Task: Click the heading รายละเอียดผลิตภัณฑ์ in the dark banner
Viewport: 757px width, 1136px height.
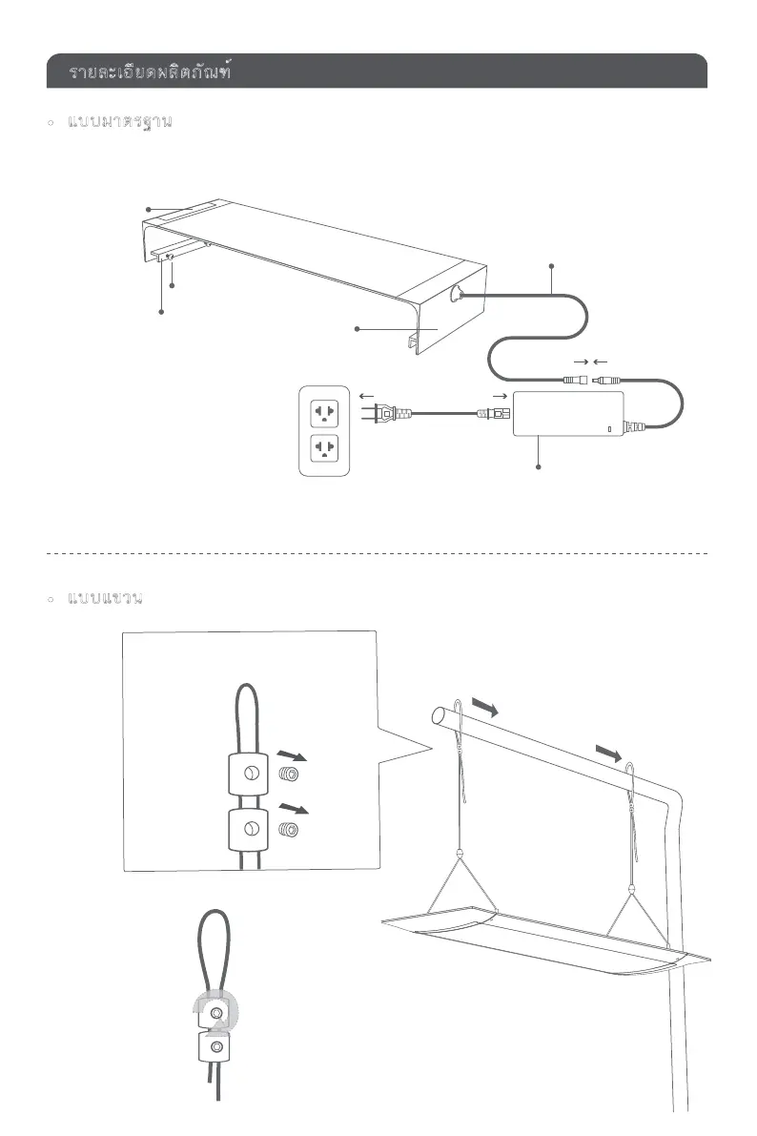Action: tap(153, 72)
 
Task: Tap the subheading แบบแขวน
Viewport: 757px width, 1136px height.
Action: tap(106, 598)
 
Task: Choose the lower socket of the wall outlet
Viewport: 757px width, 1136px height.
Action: tap(326, 449)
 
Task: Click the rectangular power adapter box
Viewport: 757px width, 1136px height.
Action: tap(568, 413)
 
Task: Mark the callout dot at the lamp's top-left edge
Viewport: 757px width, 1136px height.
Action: tap(148, 209)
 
